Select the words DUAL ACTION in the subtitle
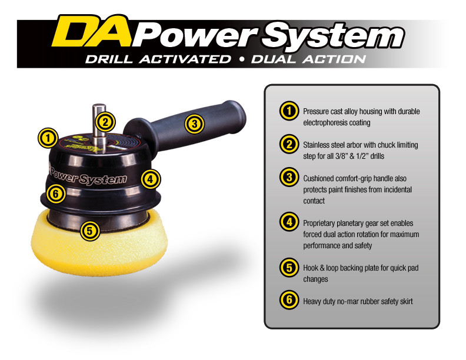308,59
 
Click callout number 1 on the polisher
48,138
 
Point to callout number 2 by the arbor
105,122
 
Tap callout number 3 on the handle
194,124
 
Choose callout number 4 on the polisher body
151,178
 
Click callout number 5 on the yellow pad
89,231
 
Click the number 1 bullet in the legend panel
288,111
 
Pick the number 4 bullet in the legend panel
288,223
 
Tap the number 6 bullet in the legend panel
288,301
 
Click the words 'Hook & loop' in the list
322,268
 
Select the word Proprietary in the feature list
322,224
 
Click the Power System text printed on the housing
88,176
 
